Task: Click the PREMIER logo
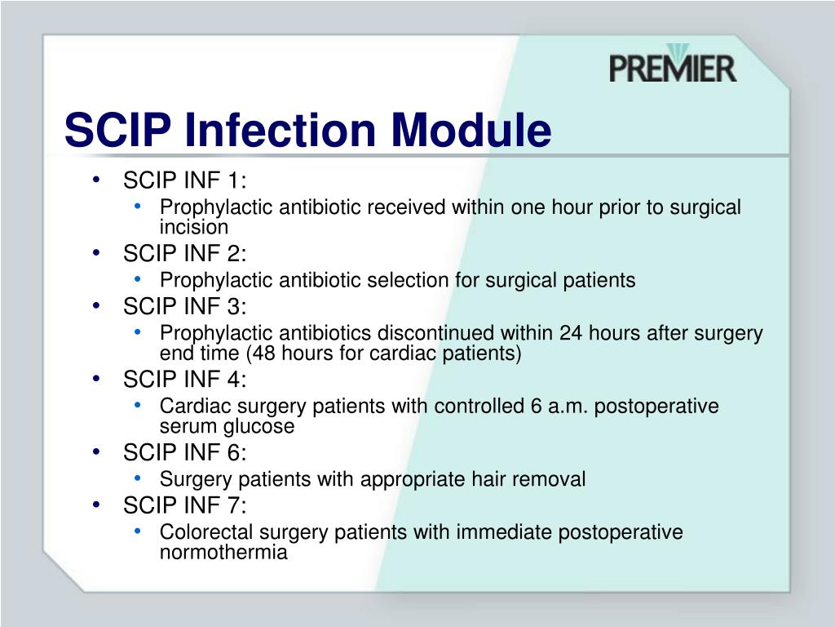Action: pyautogui.click(x=673, y=64)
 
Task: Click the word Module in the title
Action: pyautogui.click(x=471, y=130)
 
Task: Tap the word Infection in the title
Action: pyautogui.click(x=281, y=130)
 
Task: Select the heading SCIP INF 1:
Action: pyautogui.click(x=185, y=180)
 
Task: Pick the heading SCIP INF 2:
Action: pyautogui.click(x=185, y=253)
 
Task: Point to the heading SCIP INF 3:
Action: pyautogui.click(x=185, y=306)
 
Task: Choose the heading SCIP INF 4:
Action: pyautogui.click(x=185, y=379)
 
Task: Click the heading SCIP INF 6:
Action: pyautogui.click(x=185, y=452)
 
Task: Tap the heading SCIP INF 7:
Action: pyautogui.click(x=185, y=505)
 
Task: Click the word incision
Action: pyautogui.click(x=194, y=227)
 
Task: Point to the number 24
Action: pyautogui.click(x=570, y=333)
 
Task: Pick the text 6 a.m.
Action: pyautogui.click(x=559, y=407)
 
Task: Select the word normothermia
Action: pyautogui.click(x=223, y=552)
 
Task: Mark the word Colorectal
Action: pyautogui.click(x=206, y=531)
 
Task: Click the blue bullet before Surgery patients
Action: pyautogui.click(x=138, y=478)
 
